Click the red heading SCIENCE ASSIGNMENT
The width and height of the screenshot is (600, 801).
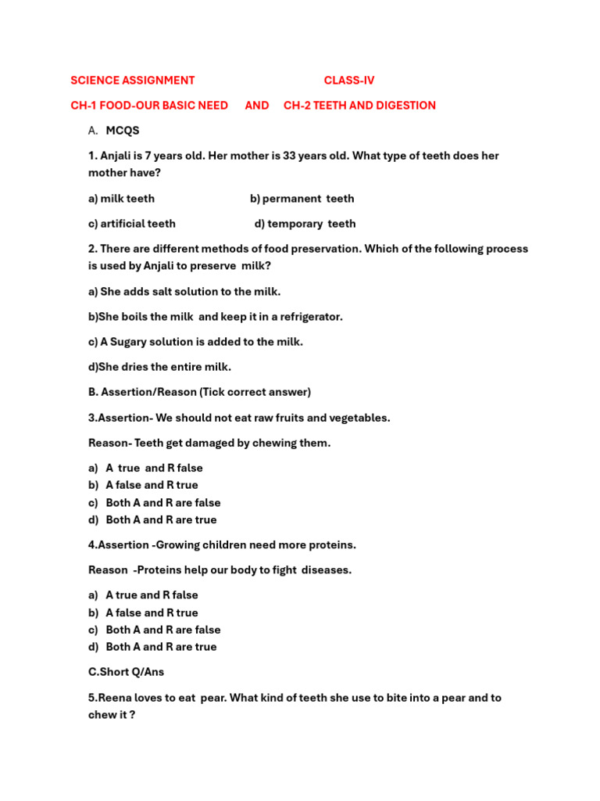click(132, 81)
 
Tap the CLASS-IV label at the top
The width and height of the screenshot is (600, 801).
click(349, 81)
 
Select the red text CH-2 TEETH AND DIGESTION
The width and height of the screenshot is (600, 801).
click(359, 106)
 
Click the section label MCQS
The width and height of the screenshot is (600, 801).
click(123, 131)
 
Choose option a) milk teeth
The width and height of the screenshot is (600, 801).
click(121, 199)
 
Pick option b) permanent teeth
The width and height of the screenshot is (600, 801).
click(302, 199)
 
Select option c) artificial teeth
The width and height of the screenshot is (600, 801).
click(131, 224)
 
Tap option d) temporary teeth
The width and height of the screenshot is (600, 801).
click(305, 224)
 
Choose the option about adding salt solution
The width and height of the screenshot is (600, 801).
click(184, 292)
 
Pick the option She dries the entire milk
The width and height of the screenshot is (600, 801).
click(159, 367)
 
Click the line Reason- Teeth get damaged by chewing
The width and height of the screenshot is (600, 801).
click(209, 443)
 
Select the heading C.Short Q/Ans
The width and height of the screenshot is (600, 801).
click(126, 672)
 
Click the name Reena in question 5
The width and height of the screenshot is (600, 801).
click(114, 698)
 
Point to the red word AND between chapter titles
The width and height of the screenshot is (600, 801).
click(256, 106)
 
